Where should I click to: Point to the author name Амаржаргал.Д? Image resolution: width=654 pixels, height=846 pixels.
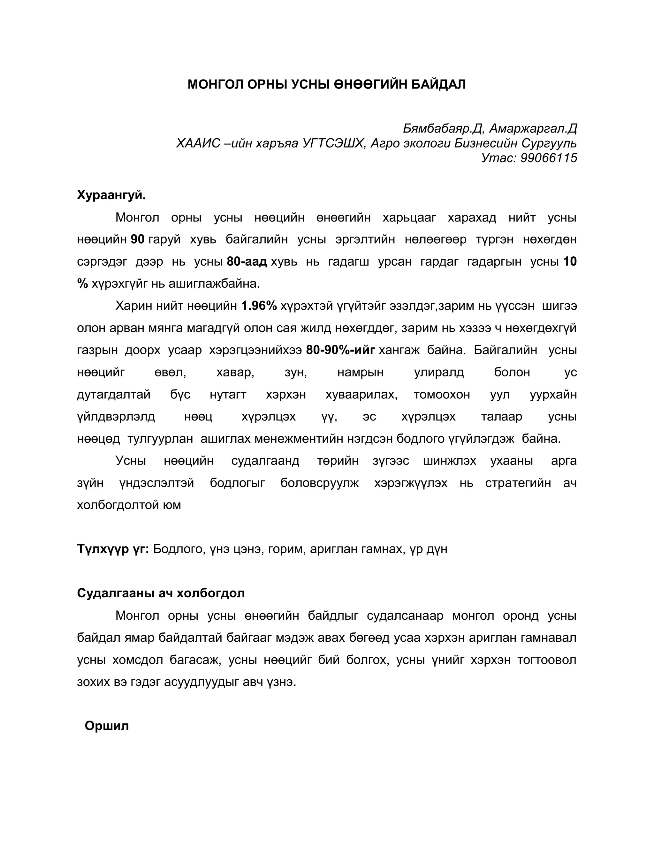click(x=533, y=128)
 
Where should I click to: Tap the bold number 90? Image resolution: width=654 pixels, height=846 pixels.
click(x=138, y=239)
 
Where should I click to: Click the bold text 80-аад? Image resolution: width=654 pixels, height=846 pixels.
click(x=247, y=261)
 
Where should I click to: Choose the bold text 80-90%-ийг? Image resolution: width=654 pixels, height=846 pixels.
click(x=340, y=350)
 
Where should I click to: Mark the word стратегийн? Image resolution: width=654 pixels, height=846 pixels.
click(x=518, y=483)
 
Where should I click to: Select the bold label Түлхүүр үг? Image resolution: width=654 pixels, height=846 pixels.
click(x=113, y=548)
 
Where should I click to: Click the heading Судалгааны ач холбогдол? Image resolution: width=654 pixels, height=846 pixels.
click(x=161, y=593)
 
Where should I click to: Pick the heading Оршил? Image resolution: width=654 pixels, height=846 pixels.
click(x=107, y=726)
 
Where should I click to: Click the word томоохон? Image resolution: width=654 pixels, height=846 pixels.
click(x=442, y=394)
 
